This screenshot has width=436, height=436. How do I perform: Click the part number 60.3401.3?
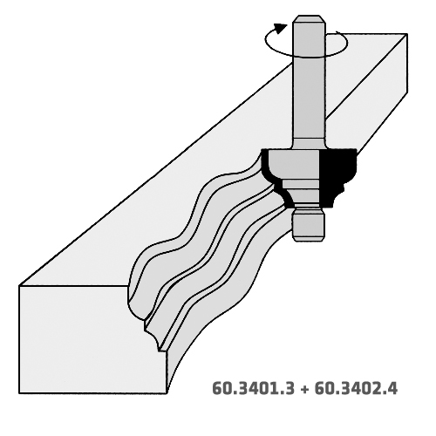pos(254,388)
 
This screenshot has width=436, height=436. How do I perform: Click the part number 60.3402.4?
pos(356,388)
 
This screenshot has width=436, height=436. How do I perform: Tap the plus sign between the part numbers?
pos(304,389)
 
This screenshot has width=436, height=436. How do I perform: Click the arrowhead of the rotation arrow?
pos(281,28)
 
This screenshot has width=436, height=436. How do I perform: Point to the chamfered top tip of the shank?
pos(309,19)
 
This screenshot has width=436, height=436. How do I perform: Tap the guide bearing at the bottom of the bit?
pos(309,227)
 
